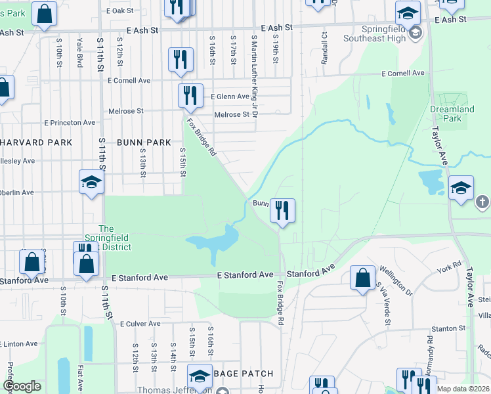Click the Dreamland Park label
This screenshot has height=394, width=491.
(452, 114)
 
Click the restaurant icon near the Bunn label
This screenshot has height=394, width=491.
(282, 210)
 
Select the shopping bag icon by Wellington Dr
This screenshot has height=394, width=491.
(362, 277)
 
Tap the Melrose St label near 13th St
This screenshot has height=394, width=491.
(127, 112)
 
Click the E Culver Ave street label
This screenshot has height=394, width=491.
(140, 324)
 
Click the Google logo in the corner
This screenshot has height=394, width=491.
(22, 386)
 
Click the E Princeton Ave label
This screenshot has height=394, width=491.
(70, 123)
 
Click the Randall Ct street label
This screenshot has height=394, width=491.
(324, 44)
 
